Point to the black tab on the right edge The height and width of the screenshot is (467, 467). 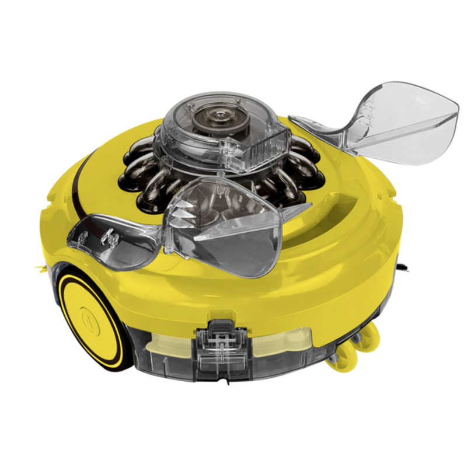(401, 266)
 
